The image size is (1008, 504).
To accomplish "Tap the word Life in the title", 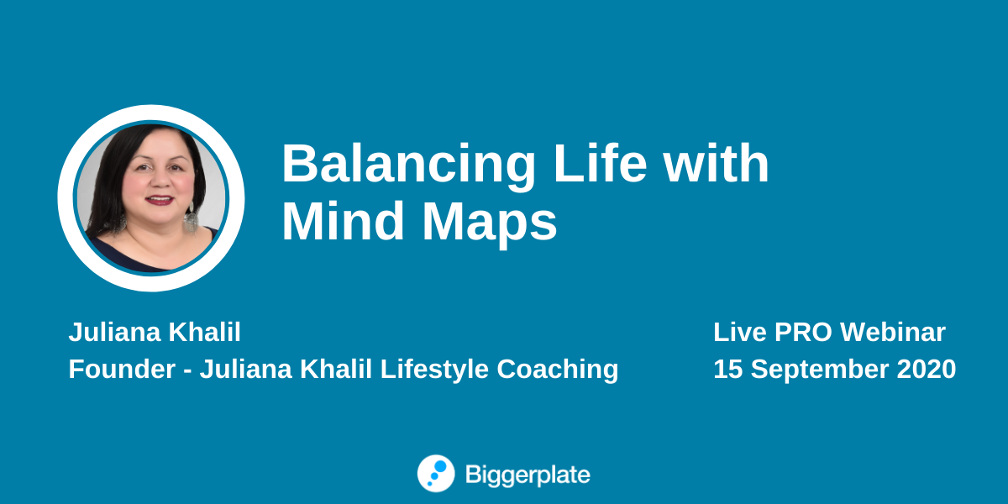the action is click(x=601, y=162).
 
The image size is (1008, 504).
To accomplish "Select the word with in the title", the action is click(x=717, y=162).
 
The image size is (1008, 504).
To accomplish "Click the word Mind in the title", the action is click(x=343, y=221).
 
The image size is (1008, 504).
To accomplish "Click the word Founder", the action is click(x=122, y=369).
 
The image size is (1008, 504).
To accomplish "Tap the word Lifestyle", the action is click(x=434, y=370).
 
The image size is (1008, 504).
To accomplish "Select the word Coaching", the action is click(x=558, y=370).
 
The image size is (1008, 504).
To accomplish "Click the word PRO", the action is click(x=803, y=332).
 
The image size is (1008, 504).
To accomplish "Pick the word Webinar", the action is click(x=893, y=332).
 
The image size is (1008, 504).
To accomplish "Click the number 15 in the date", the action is click(x=727, y=369).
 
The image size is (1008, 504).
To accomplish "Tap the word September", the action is click(x=819, y=370).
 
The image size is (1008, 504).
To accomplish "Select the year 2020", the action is click(x=926, y=369).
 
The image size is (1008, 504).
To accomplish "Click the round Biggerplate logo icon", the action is click(x=436, y=474).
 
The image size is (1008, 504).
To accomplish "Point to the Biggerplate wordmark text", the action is click(x=528, y=475).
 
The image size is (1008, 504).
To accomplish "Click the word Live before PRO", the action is click(x=740, y=332).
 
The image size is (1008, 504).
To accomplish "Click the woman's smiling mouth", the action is click(x=160, y=200).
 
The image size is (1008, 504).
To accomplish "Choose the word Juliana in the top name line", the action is click(x=114, y=332).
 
